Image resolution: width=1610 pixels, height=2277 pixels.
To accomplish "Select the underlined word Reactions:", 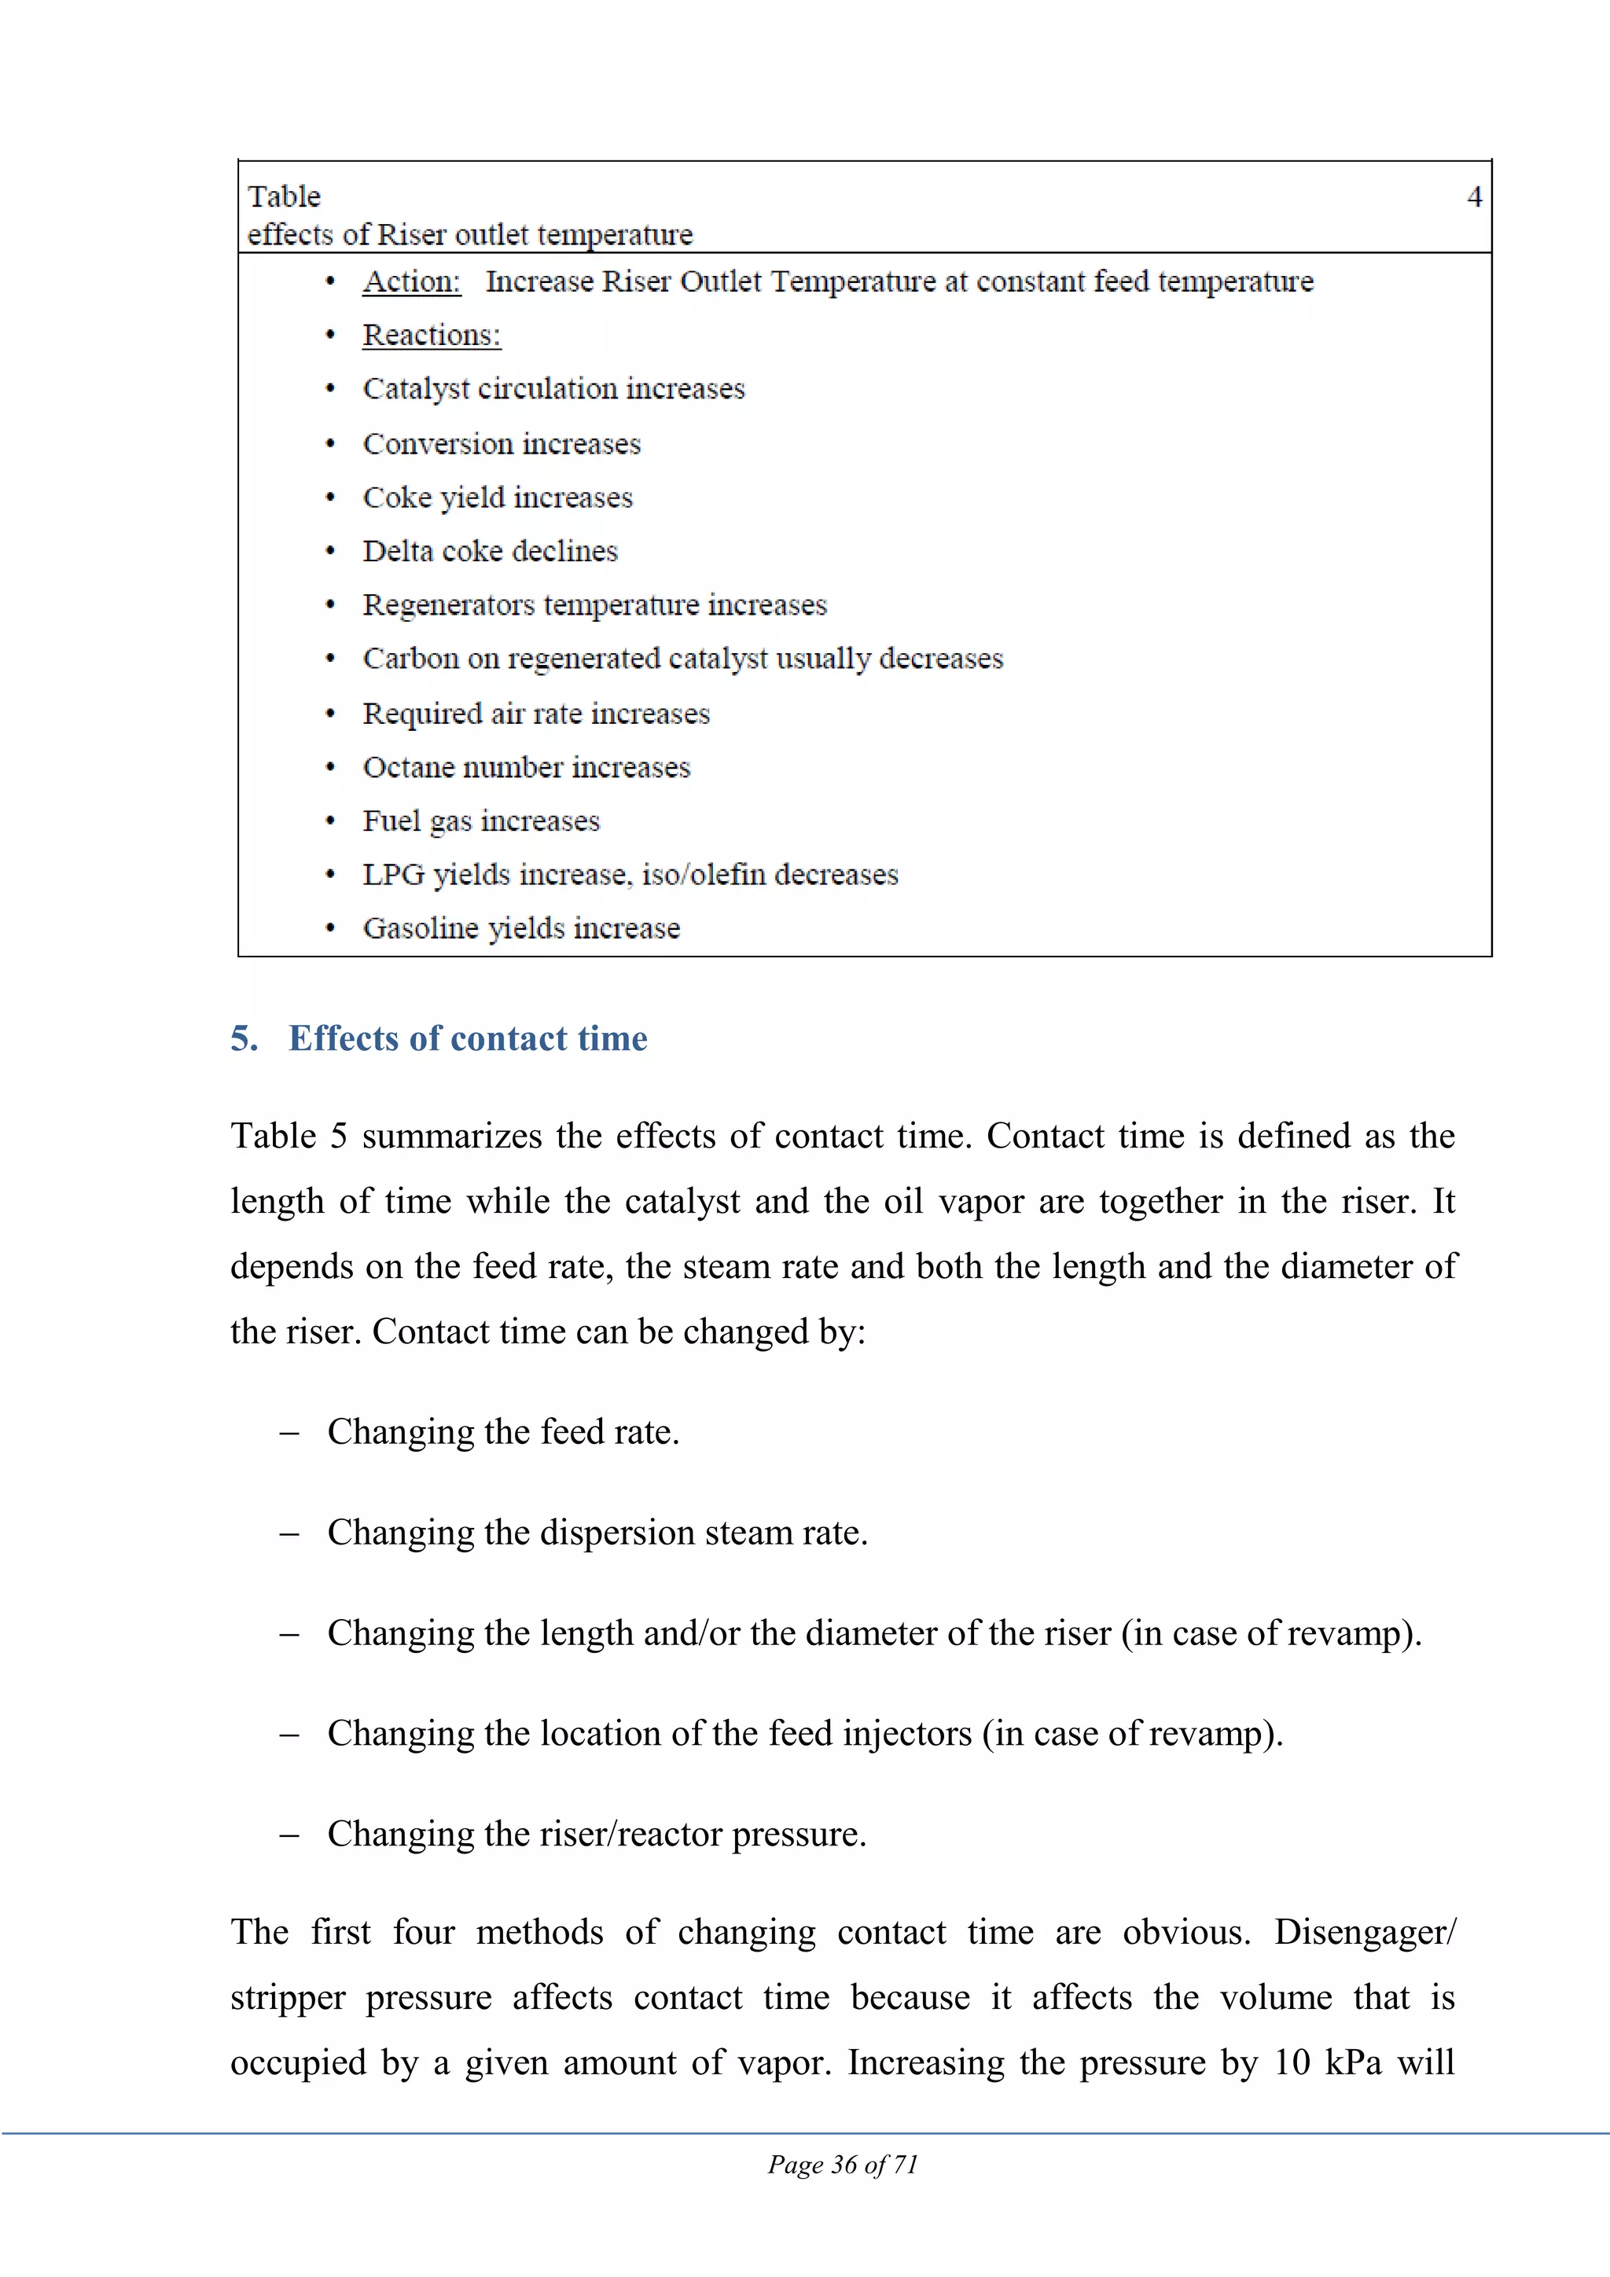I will (432, 335).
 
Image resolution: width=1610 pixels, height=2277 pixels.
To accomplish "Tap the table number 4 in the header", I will (1474, 196).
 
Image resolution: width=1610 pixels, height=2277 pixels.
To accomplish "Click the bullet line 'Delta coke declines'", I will (490, 552).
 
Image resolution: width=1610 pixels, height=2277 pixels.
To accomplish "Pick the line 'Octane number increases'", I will (526, 768).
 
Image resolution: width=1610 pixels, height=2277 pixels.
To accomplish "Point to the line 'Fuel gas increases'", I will (481, 821).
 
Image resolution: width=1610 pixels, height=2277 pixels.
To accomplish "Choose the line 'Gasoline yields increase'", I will (520, 928).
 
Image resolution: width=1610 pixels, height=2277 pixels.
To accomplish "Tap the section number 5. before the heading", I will (244, 1038).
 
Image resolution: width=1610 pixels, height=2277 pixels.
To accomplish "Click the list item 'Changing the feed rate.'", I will (503, 1432).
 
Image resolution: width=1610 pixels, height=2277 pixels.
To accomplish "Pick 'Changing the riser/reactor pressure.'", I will (596, 1834).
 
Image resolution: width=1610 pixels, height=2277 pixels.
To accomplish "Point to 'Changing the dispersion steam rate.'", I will (597, 1533).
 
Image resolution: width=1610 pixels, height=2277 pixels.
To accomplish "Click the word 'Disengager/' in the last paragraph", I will (1364, 1933).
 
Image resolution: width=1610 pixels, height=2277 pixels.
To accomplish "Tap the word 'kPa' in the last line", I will (1353, 2062).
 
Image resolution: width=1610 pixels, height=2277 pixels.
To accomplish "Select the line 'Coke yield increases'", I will (497, 498).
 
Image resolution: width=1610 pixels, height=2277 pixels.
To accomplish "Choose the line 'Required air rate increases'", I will (535, 714).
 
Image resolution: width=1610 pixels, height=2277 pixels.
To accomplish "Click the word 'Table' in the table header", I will (284, 196).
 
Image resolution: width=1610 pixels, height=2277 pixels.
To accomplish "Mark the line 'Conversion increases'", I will (501, 444).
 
